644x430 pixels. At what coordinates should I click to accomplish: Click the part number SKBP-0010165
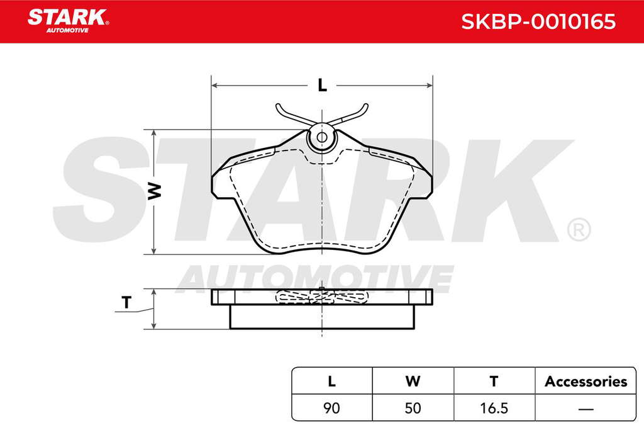[538, 21]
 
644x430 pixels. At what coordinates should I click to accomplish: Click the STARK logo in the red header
[68, 21]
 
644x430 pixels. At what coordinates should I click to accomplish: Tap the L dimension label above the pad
[323, 85]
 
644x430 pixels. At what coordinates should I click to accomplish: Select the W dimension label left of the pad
[155, 191]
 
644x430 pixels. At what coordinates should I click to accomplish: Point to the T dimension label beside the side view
[126, 303]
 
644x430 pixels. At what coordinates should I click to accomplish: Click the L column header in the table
[332, 382]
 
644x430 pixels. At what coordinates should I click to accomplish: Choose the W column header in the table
[413, 382]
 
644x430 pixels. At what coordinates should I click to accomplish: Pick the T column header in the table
[494, 382]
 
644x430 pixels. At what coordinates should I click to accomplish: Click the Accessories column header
[586, 382]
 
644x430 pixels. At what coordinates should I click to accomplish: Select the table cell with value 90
[332, 408]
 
